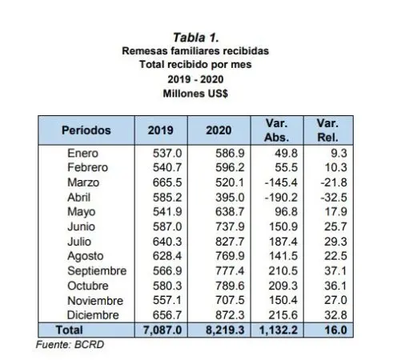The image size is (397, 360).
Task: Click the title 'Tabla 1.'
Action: pos(196,38)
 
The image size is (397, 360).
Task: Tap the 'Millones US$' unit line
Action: pos(195,94)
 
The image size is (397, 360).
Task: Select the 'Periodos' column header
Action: pos(86,130)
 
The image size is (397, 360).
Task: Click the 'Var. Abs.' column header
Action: pos(277,130)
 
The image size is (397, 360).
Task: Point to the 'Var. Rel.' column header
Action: pos(327,130)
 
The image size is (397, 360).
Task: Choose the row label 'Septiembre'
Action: pos(97,271)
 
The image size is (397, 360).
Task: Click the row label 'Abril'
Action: pos(79,198)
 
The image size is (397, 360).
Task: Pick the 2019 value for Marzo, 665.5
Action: pos(167,182)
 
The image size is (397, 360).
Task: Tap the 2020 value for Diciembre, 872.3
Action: pos(230,315)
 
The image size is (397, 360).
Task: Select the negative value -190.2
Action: pos(281,198)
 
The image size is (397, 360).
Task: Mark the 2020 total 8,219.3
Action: pos(225,330)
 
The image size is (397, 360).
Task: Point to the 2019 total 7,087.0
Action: pos(162,330)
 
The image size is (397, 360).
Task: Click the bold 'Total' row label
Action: pos(70,330)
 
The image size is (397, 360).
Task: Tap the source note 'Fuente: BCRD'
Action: pos(70,345)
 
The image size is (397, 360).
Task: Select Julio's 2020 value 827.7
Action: pos(230,242)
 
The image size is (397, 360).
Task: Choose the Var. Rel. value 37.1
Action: pos(335,271)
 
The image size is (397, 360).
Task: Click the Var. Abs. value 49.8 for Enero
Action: pos(287,154)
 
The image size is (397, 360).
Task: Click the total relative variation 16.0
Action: pos(335,330)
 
